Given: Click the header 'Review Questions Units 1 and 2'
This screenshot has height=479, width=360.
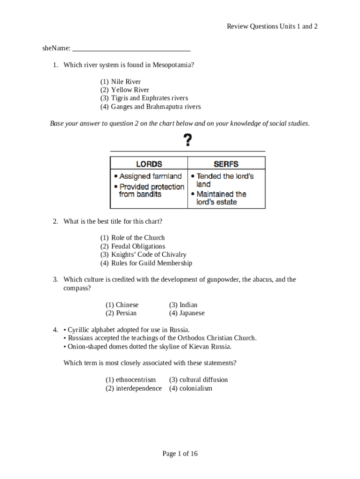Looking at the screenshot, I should coord(272,26).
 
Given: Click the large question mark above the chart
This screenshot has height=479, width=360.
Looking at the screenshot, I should coord(187,140).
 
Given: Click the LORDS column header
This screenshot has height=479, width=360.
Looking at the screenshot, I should coord(149,164).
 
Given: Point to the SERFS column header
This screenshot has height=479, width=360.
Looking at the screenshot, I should coord(226,164).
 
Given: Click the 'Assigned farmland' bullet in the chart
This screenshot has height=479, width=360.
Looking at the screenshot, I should coord(150,176).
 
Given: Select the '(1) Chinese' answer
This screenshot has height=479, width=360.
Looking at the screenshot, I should coord(122,305).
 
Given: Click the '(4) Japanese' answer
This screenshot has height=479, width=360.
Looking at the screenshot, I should coord(187,313).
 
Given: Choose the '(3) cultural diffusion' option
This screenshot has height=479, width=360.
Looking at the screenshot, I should coord(198,379).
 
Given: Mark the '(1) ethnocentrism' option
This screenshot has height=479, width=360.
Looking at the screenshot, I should coord(130,379).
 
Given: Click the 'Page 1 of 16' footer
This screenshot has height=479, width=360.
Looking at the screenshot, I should coord(180,453).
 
